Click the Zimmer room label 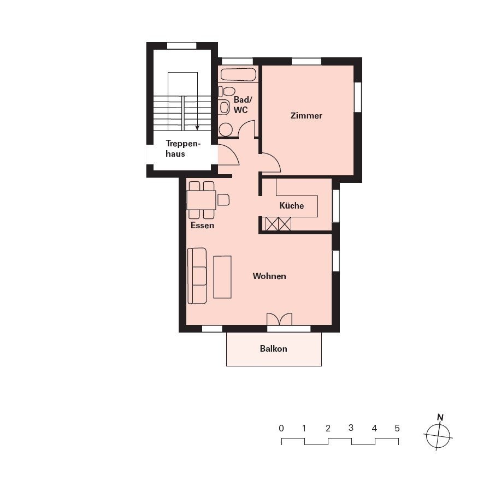[306, 116]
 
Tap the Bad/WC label [243, 105]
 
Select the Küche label [292, 205]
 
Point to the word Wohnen [269, 276]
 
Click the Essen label [202, 226]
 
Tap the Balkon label [273, 349]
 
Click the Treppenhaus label [183, 149]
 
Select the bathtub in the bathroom [238, 74]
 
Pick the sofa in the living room [197, 276]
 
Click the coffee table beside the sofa [222, 277]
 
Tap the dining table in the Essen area [202, 200]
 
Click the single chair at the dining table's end [223, 200]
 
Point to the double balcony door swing [279, 318]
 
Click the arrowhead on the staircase [197, 128]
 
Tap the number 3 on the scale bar [351, 428]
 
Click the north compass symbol [438, 435]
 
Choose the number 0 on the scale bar [281, 428]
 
